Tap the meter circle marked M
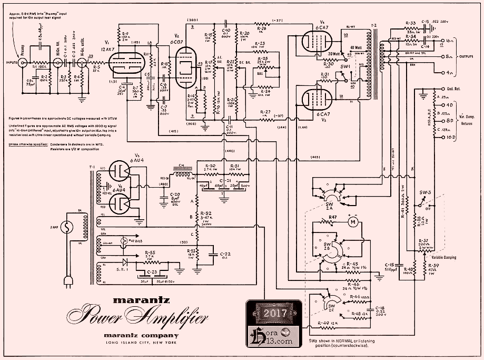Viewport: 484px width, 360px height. pos(354,222)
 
